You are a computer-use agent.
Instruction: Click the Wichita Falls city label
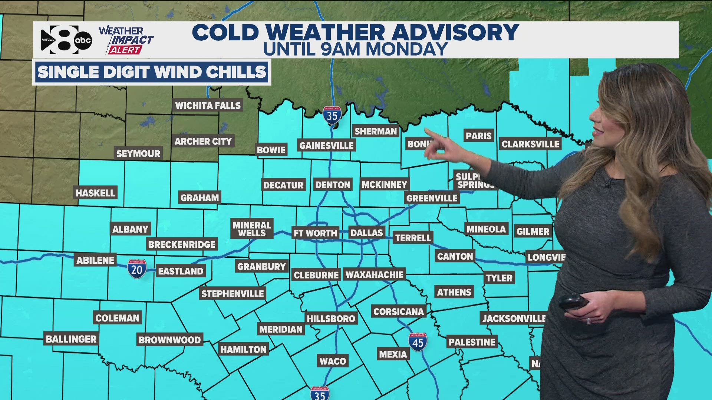click(x=208, y=106)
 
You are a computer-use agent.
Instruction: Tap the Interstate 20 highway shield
click(x=137, y=269)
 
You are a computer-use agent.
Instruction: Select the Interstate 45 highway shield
click(x=418, y=342)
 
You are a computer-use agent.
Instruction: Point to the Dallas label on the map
click(x=366, y=233)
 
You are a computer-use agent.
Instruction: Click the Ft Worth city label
click(x=315, y=233)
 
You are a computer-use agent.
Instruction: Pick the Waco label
click(x=333, y=361)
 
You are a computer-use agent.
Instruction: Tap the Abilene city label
click(x=95, y=260)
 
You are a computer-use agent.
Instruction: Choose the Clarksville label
click(x=530, y=144)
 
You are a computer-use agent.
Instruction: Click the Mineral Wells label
click(x=251, y=229)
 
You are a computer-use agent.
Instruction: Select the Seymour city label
click(x=138, y=153)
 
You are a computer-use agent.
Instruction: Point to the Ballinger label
click(x=71, y=339)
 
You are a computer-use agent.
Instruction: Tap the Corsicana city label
click(x=398, y=311)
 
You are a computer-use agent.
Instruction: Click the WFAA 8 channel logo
click(x=59, y=40)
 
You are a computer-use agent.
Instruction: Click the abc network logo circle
click(x=83, y=40)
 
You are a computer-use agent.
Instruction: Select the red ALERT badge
click(x=125, y=50)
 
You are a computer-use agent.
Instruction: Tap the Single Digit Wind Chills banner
click(x=152, y=72)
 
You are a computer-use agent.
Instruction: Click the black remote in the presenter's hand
click(x=573, y=301)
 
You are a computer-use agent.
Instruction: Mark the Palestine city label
click(x=472, y=342)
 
